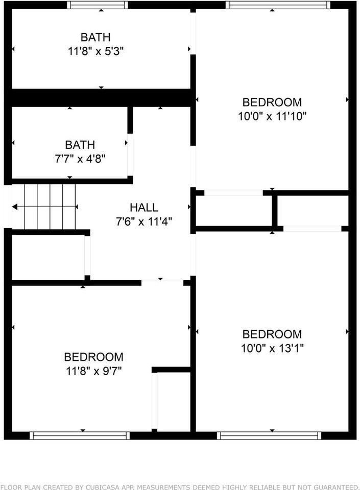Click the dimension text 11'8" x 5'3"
tap(95, 52)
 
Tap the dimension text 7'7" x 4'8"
tap(80, 159)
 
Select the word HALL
tap(143, 208)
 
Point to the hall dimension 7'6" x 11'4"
tap(143, 222)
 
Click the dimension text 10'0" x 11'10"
tap(272, 116)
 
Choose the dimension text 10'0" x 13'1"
tap(272, 348)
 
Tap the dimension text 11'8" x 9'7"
tap(93, 370)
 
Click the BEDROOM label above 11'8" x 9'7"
tap(93, 357)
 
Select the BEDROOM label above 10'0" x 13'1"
tap(272, 334)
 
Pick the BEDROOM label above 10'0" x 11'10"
tap(272, 102)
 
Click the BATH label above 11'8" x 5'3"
tap(95, 38)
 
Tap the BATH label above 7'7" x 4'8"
tap(80, 145)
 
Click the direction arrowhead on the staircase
tap(15, 207)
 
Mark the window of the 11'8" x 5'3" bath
tap(97, 5)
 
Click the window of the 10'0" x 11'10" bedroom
tap(278, 5)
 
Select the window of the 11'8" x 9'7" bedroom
tap(79, 435)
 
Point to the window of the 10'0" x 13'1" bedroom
tap(269, 435)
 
